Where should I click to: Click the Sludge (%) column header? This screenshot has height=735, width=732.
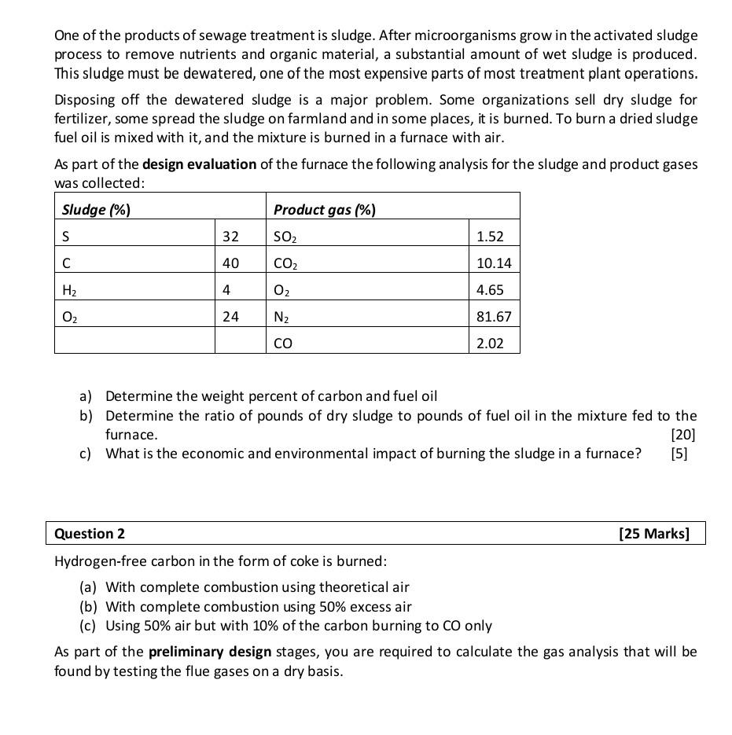96,210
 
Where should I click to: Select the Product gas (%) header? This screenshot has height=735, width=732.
324,210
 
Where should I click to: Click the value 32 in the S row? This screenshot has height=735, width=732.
230,237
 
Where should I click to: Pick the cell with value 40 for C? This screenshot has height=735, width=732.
230,263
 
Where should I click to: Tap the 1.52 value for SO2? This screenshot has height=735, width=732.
490,237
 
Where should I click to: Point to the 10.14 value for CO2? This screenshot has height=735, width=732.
494,263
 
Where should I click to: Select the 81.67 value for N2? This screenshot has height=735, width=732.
494,317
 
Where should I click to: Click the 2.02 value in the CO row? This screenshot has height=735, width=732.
490,344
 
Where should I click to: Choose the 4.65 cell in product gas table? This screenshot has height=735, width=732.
490,290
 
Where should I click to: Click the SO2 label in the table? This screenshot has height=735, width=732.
285,237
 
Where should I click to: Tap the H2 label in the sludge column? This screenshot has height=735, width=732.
69,290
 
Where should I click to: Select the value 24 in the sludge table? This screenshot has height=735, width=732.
230,317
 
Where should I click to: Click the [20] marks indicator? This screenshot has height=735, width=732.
683,434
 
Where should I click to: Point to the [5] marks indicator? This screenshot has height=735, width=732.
679,454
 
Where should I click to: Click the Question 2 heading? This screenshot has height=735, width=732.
90,534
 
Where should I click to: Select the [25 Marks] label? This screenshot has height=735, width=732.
654,534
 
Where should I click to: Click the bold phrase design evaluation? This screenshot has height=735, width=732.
199,164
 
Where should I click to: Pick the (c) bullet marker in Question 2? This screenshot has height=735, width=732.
89,626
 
